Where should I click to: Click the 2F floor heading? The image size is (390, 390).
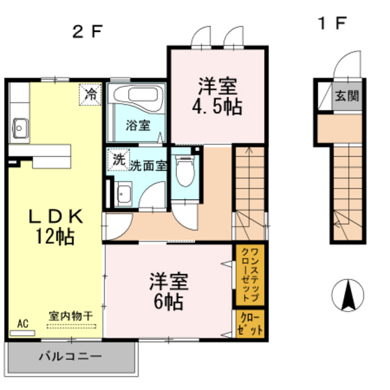point(88,30)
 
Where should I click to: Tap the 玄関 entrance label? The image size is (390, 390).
point(346,96)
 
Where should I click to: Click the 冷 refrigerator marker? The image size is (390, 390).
point(91,93)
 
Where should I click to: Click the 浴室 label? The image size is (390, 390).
point(137,126)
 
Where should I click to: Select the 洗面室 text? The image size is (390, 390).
point(147,165)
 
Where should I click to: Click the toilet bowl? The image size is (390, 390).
point(185,171)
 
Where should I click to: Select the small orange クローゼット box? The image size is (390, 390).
point(249,325)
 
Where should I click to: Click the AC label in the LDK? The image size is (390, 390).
point(22,323)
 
